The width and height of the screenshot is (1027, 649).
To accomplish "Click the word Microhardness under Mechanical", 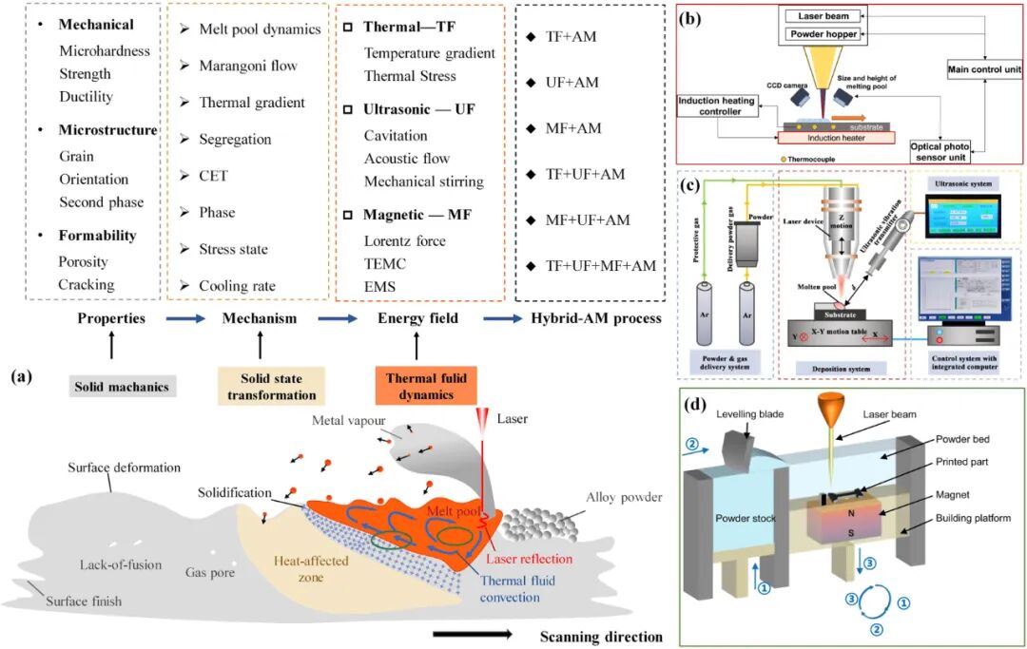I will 105,51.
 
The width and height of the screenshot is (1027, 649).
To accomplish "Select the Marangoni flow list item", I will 247,66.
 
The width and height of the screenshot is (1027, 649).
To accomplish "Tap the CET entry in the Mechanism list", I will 213,176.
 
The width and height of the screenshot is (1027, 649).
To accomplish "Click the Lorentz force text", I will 404,240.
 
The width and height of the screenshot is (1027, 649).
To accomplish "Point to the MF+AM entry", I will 573,127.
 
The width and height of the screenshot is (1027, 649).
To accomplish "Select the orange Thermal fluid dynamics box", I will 417,387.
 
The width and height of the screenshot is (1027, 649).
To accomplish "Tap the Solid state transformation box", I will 266,388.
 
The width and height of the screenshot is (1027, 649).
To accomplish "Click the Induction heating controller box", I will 718,106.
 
